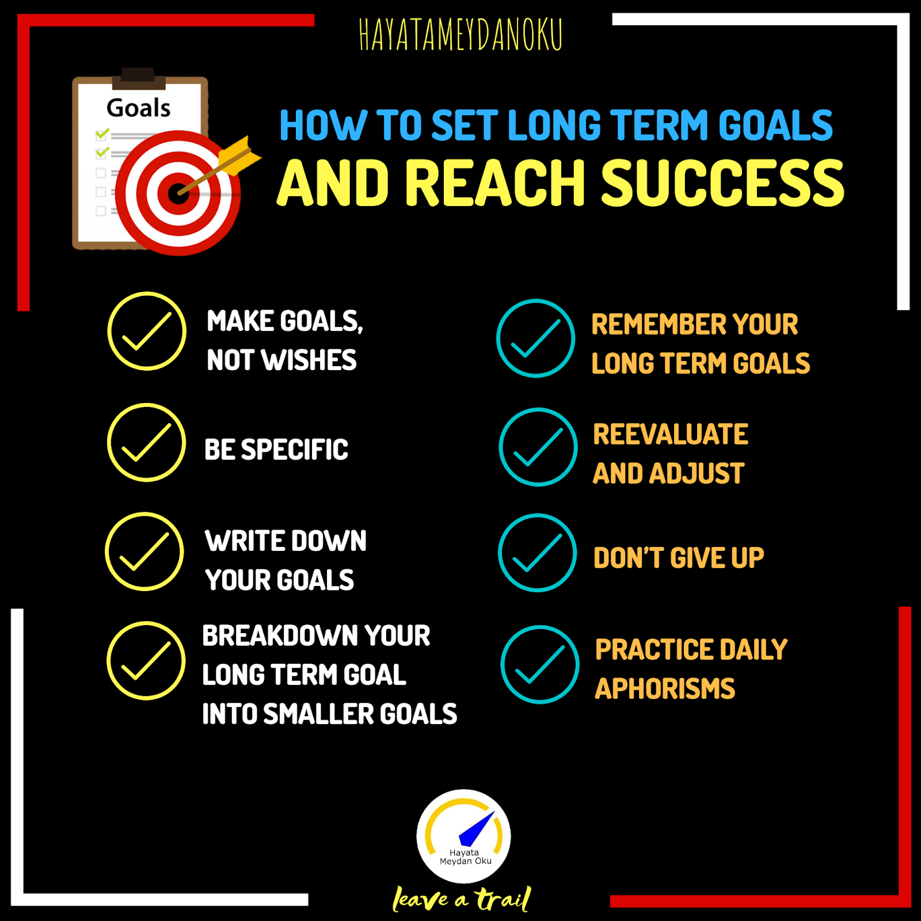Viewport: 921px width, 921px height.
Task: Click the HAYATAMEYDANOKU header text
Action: (461, 35)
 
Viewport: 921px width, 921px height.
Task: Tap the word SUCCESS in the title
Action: (722, 183)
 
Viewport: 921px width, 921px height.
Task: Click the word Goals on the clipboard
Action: (138, 108)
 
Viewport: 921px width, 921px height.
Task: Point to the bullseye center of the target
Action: (177, 193)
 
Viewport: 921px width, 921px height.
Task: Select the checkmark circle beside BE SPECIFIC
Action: (147, 443)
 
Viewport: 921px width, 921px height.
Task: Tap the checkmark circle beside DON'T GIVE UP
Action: (537, 553)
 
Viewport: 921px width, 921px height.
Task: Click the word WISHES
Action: (309, 360)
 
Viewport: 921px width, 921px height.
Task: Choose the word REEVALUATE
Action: (671, 435)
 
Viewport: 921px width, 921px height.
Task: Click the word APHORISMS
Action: (665, 689)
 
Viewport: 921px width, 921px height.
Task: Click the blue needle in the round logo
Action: (478, 829)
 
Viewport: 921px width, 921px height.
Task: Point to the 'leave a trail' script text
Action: (461, 899)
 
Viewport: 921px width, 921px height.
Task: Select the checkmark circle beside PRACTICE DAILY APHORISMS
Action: (539, 664)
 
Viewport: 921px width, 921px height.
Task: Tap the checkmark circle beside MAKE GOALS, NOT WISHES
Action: (147, 331)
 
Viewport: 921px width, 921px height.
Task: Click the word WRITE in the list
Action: (241, 541)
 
